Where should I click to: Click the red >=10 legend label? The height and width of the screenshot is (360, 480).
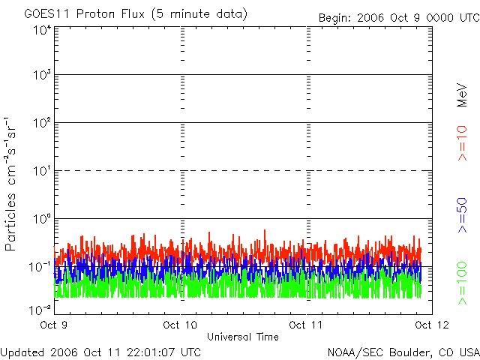pos(462,142)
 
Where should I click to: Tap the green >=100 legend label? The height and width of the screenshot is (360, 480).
pos(462,283)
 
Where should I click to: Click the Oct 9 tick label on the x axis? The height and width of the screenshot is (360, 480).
pos(55,325)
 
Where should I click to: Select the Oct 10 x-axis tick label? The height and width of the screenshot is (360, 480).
pos(180,325)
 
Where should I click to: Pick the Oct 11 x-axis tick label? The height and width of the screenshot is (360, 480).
pos(306,325)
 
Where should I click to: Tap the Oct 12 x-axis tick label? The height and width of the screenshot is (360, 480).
pos(431,325)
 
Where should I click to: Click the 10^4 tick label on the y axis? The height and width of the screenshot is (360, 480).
pos(40,29)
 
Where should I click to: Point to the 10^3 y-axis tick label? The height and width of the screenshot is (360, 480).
pos(40,75)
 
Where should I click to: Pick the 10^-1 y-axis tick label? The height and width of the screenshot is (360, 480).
pos(39,266)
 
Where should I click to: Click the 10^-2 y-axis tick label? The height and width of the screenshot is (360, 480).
pos(39,309)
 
